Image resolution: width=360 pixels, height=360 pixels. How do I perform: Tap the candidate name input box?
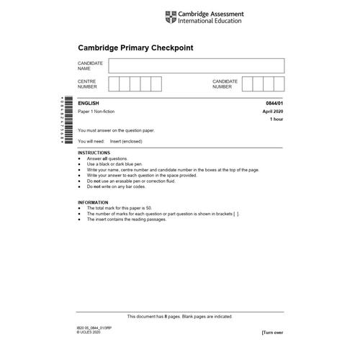pos(196,66)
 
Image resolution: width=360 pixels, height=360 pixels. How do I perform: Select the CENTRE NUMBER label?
pos(87,84)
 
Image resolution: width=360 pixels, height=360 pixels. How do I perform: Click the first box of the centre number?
pos(114,84)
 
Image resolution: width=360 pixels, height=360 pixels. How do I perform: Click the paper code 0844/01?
pos(274,104)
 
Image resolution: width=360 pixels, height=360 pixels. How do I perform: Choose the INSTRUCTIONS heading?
pos(94,153)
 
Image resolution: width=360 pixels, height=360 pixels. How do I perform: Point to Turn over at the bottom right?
pos(272,333)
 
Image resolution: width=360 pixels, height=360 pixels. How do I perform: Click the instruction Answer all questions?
pos(107,158)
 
